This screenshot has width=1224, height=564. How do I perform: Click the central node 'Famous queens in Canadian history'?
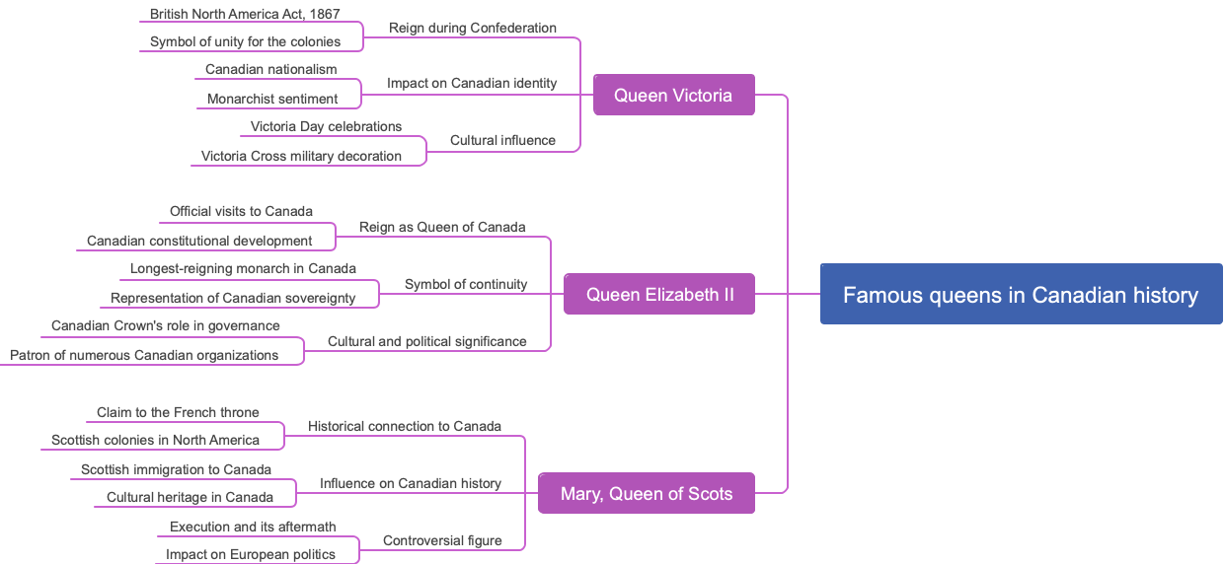click(1021, 294)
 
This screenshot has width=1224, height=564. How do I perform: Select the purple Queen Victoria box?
click(673, 95)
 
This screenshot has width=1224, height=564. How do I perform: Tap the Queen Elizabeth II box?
click(659, 294)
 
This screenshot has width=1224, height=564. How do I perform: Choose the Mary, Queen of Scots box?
click(647, 493)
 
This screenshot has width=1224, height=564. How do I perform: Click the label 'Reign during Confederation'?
click(472, 28)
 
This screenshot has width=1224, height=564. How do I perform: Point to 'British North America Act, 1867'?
click(245, 14)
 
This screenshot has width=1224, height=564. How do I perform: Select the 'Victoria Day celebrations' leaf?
click(326, 126)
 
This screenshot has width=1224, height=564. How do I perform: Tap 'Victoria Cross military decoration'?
click(301, 156)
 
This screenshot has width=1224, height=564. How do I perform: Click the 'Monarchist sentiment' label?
click(272, 99)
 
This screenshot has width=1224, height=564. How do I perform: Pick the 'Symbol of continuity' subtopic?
click(466, 284)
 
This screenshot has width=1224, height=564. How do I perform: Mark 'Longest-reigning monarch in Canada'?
click(243, 268)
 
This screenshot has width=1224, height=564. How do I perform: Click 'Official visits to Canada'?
click(241, 211)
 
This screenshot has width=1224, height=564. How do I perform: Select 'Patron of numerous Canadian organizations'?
click(144, 355)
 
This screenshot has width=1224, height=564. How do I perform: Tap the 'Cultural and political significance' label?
click(426, 341)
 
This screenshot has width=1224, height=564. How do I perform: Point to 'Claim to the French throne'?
click(178, 412)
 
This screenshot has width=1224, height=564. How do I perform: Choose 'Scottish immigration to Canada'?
click(176, 469)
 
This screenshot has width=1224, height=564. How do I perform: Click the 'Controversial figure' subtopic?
click(442, 540)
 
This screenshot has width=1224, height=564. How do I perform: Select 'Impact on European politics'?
click(250, 554)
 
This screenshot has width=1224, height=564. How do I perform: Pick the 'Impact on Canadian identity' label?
click(472, 83)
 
